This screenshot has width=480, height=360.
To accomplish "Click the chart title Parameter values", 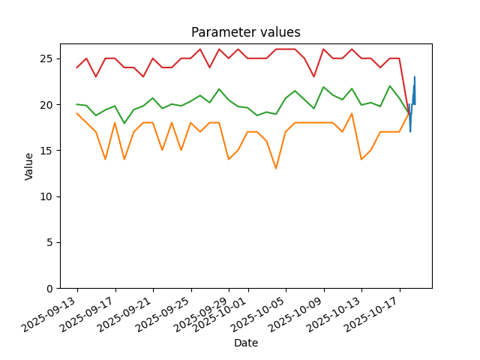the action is pyautogui.click(x=246, y=32).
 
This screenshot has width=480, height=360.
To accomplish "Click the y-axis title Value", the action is pyautogui.click(x=28, y=166).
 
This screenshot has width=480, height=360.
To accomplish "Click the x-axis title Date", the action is pyautogui.click(x=246, y=343).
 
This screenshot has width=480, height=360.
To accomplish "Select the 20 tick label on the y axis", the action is pyautogui.click(x=46, y=105).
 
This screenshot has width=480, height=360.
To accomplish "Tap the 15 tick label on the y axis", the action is pyautogui.click(x=46, y=151).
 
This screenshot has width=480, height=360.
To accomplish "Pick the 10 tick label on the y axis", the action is pyautogui.click(x=46, y=196).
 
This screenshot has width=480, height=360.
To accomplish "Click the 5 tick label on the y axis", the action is pyautogui.click(x=49, y=242).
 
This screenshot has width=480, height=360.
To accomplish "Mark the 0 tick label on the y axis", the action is pyautogui.click(x=49, y=289).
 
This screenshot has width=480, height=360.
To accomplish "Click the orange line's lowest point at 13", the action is pyautogui.click(x=276, y=169).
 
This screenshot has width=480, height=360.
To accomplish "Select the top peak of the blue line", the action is pyautogui.click(x=415, y=76).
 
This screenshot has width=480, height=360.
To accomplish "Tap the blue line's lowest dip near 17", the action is pyautogui.click(x=410, y=132).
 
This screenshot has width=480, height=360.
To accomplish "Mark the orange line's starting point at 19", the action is pyautogui.click(x=76, y=113).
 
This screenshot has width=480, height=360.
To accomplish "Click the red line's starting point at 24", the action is pyautogui.click(x=76, y=67).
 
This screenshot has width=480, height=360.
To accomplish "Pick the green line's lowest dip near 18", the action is pyautogui.click(x=124, y=123).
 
